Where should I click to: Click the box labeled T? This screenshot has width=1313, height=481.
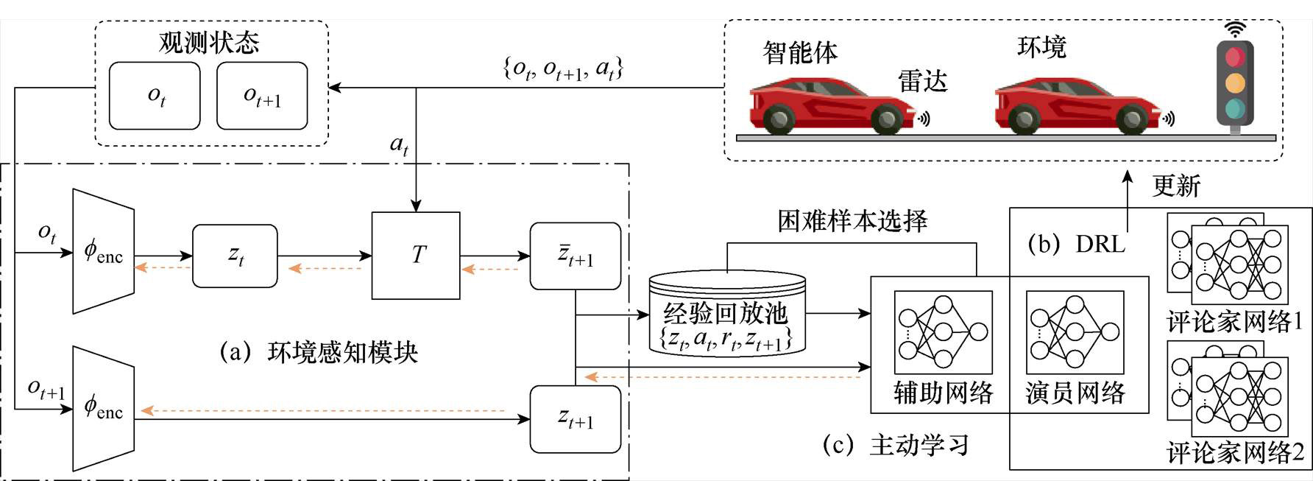[416, 256]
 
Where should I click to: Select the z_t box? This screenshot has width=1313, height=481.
[235, 256]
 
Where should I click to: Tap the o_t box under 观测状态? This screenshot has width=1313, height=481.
[155, 96]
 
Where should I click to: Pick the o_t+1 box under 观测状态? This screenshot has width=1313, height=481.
[262, 96]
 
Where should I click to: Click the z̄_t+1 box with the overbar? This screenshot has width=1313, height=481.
[576, 256]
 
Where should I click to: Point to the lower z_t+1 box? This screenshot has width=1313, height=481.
[576, 419]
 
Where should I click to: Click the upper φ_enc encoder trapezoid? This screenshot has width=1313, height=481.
[103, 251]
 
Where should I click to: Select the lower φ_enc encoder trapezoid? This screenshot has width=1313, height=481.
[103, 408]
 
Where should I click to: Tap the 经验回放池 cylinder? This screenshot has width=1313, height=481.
[726, 312]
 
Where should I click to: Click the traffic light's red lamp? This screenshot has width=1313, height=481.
[1235, 57]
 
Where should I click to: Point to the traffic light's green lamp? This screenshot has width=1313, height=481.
[1235, 110]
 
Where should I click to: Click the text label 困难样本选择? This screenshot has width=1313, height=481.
[852, 221]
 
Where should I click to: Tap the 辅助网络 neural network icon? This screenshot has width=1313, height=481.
[943, 332]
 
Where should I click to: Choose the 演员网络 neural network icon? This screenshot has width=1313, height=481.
[1075, 332]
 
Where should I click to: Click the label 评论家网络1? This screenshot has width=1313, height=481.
[1235, 321]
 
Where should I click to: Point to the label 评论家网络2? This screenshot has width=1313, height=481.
[1235, 452]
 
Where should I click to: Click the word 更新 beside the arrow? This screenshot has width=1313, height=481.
[1176, 186]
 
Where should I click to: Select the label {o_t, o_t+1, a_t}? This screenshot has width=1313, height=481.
[563, 69]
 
